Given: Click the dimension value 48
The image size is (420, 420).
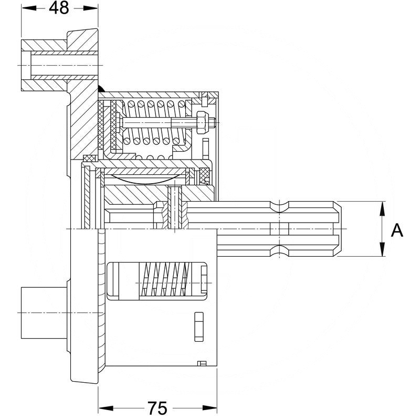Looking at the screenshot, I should [59, 9].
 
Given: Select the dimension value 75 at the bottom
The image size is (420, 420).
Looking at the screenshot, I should [157, 407].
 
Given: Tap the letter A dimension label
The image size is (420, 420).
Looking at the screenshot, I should [397, 229].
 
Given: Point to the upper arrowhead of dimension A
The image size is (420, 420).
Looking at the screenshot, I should [381, 206].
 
